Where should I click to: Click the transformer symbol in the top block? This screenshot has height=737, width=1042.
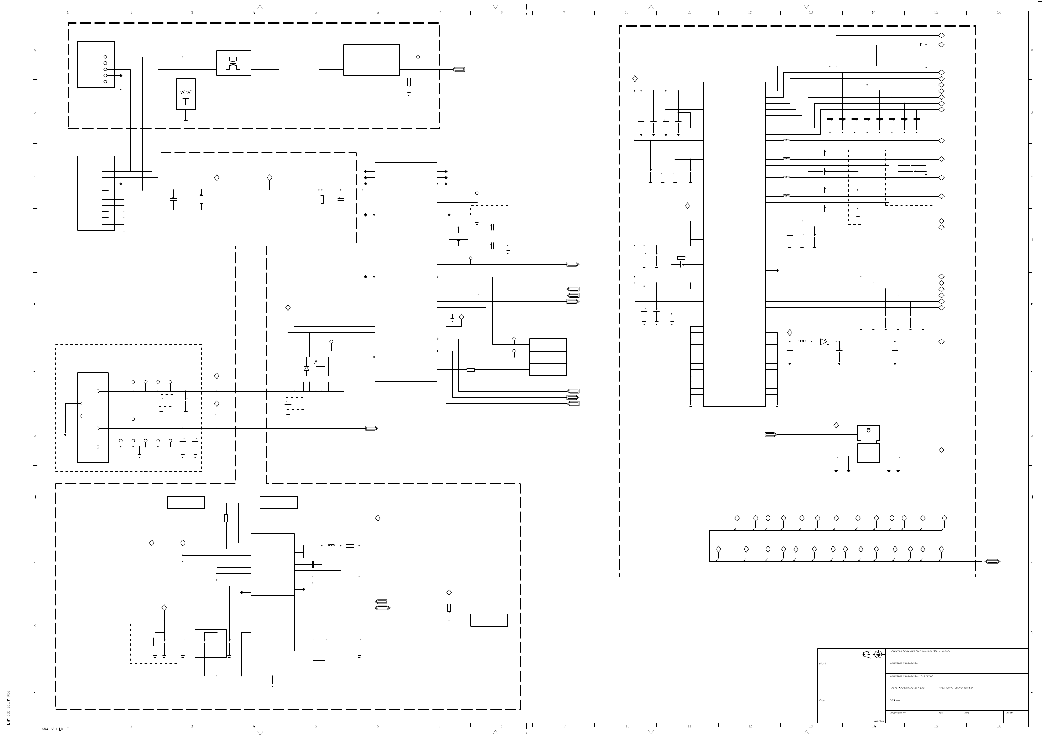(x=233, y=63)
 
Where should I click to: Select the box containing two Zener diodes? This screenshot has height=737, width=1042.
(x=185, y=94)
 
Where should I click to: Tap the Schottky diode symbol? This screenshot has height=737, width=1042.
(x=824, y=342)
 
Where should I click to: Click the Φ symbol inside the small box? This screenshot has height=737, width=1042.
(x=869, y=430)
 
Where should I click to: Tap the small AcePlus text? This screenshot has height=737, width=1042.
(x=879, y=733)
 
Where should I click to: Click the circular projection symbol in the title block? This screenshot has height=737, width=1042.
(x=878, y=655)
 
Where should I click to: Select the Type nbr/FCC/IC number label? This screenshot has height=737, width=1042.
(x=956, y=688)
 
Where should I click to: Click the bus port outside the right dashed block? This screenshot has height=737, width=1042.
(x=993, y=561)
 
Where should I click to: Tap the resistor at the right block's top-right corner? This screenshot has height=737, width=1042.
(x=917, y=45)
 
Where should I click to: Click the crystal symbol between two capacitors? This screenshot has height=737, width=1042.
(x=458, y=237)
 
